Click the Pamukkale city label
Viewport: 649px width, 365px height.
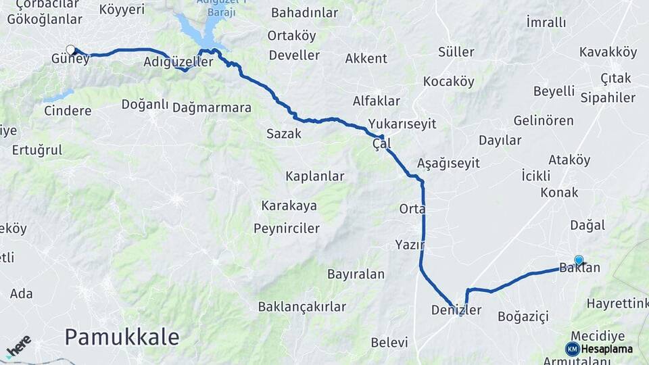pos(122,335)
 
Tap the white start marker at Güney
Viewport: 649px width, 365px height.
pos(70,49)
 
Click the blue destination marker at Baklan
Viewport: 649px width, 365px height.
pos(579,260)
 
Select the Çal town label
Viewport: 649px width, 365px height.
pos(381,144)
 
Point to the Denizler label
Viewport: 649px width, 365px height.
pos(456,310)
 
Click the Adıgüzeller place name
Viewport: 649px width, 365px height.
pos(178,62)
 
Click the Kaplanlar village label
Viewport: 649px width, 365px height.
pos(314,176)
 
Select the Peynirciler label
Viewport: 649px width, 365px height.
pos(287,228)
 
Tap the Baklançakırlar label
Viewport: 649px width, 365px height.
pos(302,307)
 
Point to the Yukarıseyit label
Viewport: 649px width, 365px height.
pos(402,124)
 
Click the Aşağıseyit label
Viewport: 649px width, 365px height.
pos(448,163)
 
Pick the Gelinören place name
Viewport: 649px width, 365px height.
pos(544,121)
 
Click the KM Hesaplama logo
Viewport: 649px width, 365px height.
pos(599,349)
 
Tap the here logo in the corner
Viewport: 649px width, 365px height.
pos(18,346)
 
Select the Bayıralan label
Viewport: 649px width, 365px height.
pos(356,274)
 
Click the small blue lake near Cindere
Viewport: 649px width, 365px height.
pos(59,96)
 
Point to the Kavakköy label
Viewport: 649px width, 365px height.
pos(608,52)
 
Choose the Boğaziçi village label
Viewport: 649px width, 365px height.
pos(523,316)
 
